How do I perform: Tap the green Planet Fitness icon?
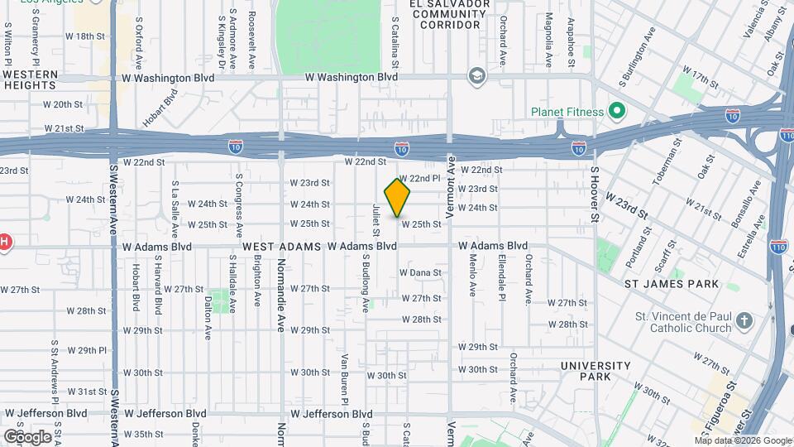click(x=616, y=110)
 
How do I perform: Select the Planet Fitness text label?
click(x=567, y=111)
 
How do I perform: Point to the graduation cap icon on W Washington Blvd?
click(x=476, y=76)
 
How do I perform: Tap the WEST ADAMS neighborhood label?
click(x=281, y=247)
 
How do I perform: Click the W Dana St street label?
click(x=420, y=272)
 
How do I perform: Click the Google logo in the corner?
click(x=26, y=436)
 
